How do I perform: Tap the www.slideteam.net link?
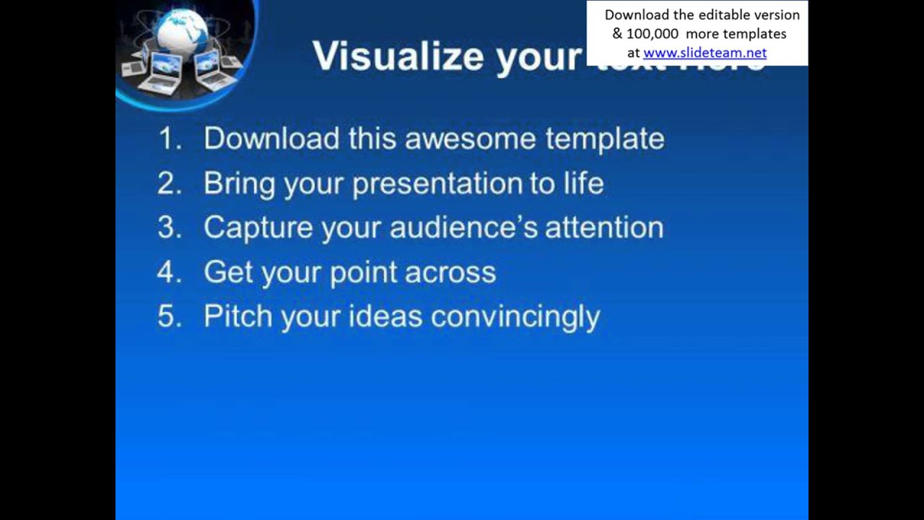[x=705, y=53]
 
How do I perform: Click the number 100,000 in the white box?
[x=654, y=34]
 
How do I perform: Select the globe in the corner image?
[x=182, y=32]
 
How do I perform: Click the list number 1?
[x=169, y=139]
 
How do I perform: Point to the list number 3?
[x=169, y=227]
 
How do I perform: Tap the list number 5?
[x=169, y=317]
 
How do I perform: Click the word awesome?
[x=470, y=139]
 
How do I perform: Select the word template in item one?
[x=604, y=139]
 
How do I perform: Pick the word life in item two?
[x=583, y=183]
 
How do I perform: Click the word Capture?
[x=258, y=227]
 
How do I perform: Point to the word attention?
[x=603, y=227]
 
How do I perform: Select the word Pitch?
[x=237, y=317]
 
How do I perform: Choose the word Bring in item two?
[x=239, y=183]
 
